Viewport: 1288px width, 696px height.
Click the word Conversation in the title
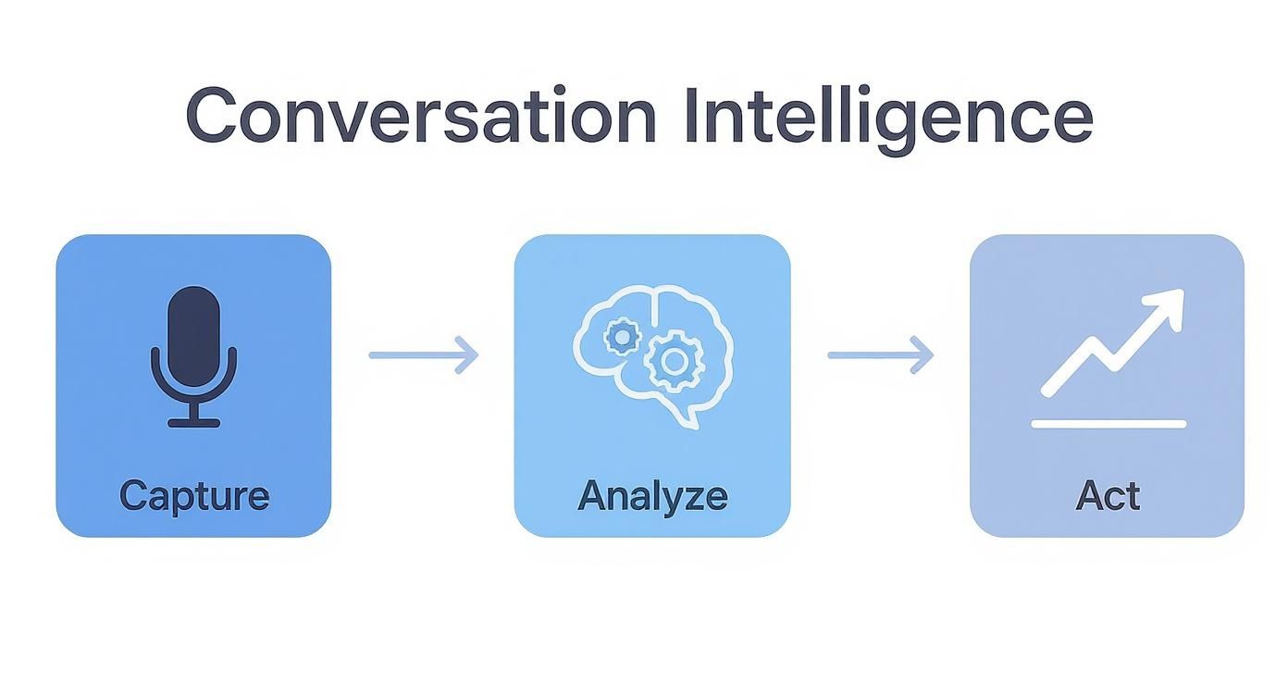click(420, 116)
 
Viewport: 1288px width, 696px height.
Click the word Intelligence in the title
click(888, 116)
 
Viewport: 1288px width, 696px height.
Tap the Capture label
click(193, 496)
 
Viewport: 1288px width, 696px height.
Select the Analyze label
click(652, 496)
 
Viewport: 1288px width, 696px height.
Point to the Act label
click(1108, 496)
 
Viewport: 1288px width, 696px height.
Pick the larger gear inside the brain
click(674, 362)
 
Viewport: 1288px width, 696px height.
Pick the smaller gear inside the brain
click(622, 337)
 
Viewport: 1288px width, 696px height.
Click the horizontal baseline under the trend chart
click(1108, 424)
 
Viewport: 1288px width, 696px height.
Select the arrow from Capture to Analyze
click(424, 354)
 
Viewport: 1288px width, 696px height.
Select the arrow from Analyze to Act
click(880, 354)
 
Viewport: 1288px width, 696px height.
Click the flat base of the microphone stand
click(193, 423)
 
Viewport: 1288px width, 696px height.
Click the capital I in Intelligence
click(691, 116)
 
